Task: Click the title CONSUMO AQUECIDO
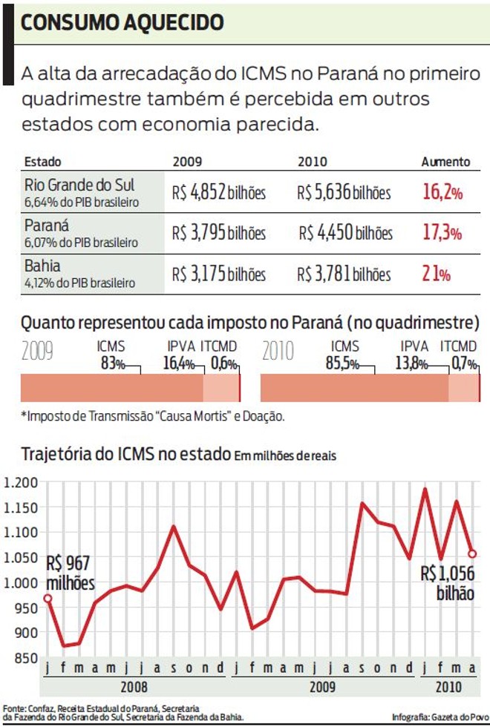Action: tap(122, 23)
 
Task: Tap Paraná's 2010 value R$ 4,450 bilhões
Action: tap(346, 233)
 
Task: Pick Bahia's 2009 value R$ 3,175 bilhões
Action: tap(218, 274)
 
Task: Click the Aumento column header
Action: tap(445, 162)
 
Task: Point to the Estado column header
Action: tap(43, 162)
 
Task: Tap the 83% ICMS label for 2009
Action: tap(112, 363)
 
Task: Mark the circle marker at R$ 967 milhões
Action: tap(48, 598)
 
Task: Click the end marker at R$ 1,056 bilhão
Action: tap(472, 553)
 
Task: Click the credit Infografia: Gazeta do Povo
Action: tap(439, 717)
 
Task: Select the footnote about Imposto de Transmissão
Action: tap(152, 415)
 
